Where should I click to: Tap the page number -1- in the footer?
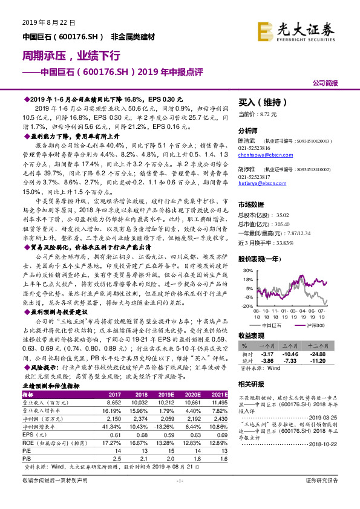coord(180,498)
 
